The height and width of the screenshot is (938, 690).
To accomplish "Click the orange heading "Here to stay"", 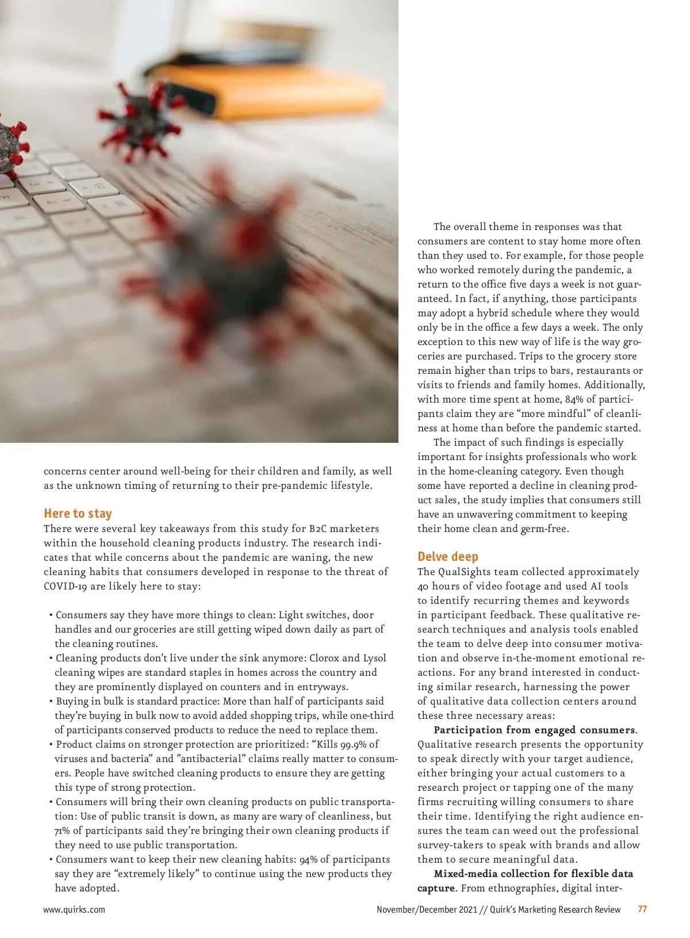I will (x=78, y=514).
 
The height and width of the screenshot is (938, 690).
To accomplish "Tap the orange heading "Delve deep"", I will (x=448, y=557).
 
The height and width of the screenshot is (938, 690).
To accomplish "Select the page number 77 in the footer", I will (x=642, y=909).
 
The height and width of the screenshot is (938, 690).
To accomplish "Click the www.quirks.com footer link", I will (x=74, y=910).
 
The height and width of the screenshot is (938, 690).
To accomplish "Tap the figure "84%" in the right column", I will (x=574, y=400).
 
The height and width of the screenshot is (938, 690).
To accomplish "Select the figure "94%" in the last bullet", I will (x=308, y=860).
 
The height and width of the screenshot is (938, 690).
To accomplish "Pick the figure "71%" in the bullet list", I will (x=62, y=831).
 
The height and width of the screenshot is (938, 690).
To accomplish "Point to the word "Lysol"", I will (x=374, y=658).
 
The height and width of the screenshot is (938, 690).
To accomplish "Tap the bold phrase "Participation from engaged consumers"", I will (x=534, y=730).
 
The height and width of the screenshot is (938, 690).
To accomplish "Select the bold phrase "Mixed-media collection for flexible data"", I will (x=533, y=874).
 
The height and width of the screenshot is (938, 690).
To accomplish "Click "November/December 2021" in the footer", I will (x=427, y=910).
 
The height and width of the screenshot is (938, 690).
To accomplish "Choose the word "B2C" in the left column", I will (x=317, y=529).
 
